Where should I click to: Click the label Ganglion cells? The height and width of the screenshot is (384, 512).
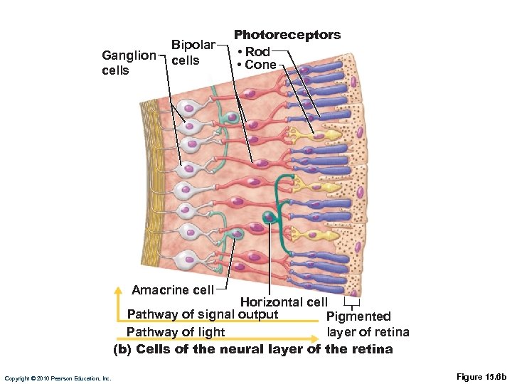129,63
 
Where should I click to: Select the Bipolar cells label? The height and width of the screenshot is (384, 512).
193,53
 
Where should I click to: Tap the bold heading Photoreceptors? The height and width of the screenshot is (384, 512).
287,35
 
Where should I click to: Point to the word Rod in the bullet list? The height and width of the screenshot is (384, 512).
257,52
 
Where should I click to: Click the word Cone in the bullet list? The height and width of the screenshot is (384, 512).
260,65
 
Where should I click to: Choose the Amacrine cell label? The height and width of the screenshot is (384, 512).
172,290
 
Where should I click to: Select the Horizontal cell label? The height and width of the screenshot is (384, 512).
284,303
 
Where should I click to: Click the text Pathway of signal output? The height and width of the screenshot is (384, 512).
202,314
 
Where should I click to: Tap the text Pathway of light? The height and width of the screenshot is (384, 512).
175,332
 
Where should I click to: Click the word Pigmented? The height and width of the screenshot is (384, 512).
358,316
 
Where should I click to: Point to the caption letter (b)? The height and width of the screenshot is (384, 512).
123,349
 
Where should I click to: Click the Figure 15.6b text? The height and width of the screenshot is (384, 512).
481,377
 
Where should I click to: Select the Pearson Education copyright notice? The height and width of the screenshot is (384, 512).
58,378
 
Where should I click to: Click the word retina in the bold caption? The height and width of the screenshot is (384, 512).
372,349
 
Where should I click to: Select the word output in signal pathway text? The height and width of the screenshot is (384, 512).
258,314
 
